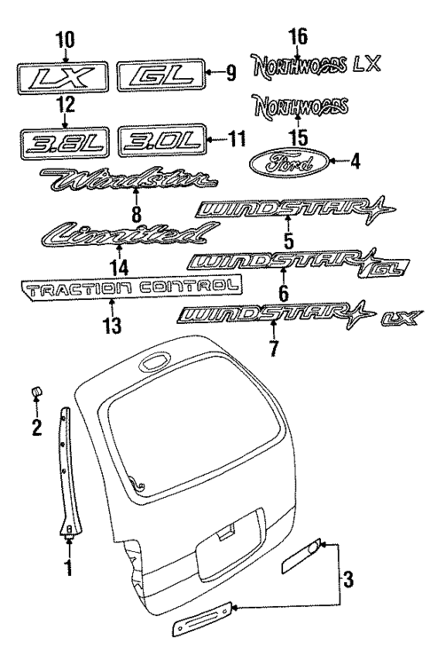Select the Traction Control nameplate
(x=130, y=286)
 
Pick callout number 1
(x=68, y=564)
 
